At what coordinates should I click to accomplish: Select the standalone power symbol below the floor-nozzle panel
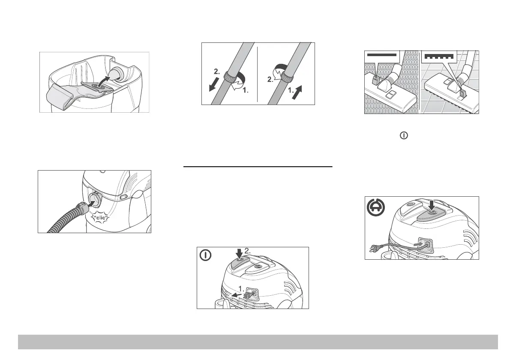pos(404,135)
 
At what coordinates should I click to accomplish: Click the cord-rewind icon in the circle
pos(376,207)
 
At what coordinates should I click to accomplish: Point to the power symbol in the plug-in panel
pos(205,255)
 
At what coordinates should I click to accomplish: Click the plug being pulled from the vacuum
pos(248,294)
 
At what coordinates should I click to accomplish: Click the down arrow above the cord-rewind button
pos(432,205)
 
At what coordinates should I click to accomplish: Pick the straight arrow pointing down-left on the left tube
pos(214,84)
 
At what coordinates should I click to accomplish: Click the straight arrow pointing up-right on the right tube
pos(297,93)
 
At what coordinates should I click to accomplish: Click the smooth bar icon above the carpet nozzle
pos(382,54)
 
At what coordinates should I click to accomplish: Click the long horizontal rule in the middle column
pos(258,167)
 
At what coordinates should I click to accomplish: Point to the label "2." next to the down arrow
pos(248,251)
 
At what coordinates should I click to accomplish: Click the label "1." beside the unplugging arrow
pos(241,289)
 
